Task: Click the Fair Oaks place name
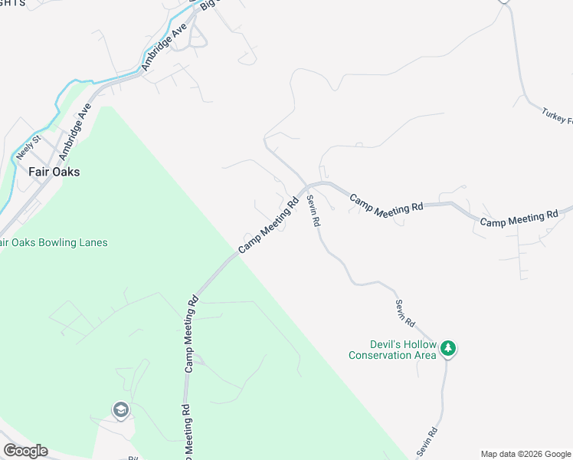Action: click(54, 172)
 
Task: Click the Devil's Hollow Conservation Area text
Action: click(392, 350)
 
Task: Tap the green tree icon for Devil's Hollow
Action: click(448, 349)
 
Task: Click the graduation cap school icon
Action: click(120, 410)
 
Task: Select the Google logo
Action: click(25, 451)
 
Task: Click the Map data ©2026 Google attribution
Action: click(526, 454)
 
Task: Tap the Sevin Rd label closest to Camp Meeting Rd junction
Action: click(313, 210)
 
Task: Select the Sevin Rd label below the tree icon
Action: click(427, 442)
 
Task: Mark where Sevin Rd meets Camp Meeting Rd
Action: click(307, 187)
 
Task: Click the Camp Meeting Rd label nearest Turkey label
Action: click(520, 219)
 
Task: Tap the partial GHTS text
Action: click(12, 3)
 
